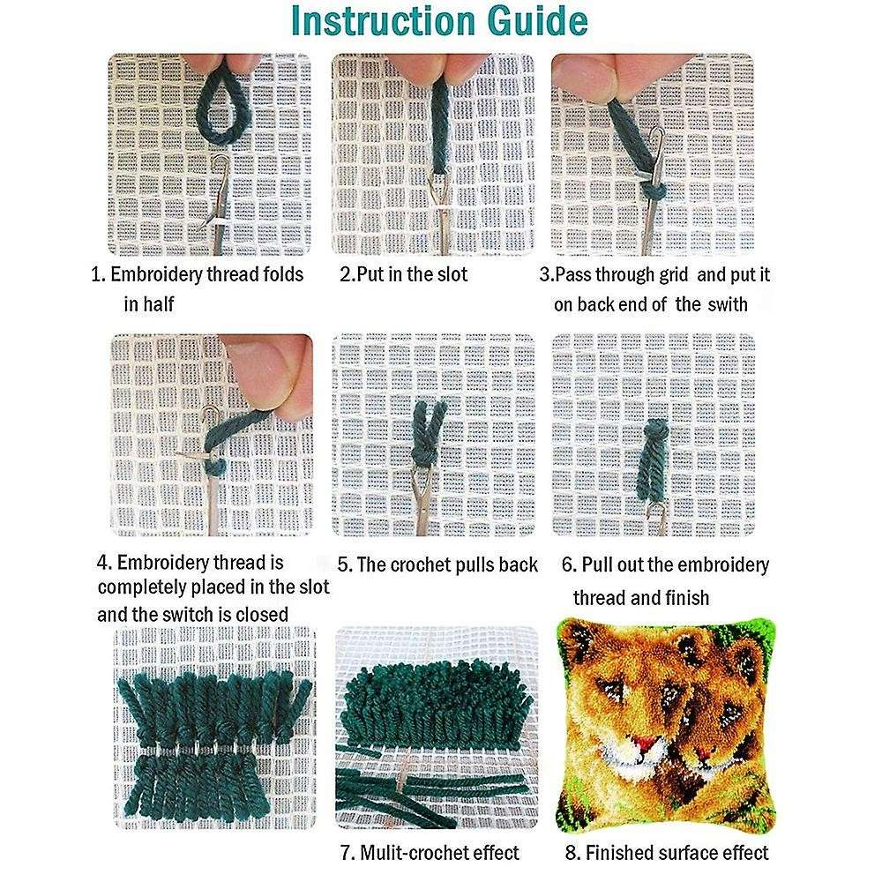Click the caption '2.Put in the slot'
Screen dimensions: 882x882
(x=404, y=274)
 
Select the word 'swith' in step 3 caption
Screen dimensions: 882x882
(x=725, y=304)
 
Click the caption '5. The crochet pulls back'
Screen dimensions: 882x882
(x=437, y=564)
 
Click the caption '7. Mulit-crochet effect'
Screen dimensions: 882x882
(x=430, y=853)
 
